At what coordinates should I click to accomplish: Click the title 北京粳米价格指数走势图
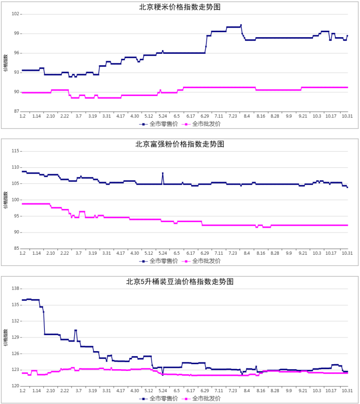click(x=180, y=7)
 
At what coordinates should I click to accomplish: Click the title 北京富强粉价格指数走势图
click(x=180, y=144)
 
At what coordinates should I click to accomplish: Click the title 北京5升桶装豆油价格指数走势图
click(x=180, y=281)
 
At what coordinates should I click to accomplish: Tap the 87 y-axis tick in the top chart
click(x=16, y=111)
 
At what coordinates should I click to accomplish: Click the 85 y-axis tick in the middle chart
click(x=16, y=248)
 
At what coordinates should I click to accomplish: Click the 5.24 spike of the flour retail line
click(x=163, y=173)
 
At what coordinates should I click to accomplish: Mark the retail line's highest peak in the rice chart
click(x=241, y=25)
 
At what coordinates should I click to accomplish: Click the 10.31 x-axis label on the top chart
click(x=347, y=116)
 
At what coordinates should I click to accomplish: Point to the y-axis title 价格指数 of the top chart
click(x=5, y=63)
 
